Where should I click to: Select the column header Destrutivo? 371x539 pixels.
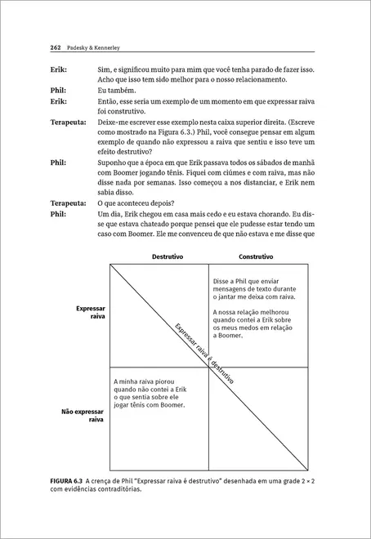pos(168,256)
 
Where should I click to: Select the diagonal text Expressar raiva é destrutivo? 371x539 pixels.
pos(203,354)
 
